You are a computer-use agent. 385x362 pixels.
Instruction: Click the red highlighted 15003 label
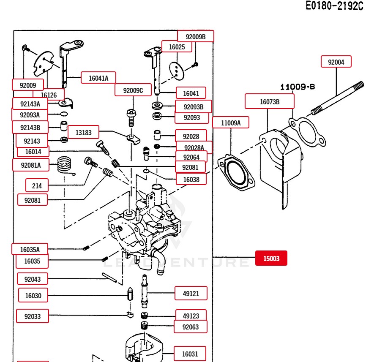click(x=271, y=258)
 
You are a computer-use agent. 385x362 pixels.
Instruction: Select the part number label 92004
click(x=336, y=62)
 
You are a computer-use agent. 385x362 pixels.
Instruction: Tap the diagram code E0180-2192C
click(x=334, y=6)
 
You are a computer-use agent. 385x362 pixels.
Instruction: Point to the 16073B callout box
click(x=269, y=102)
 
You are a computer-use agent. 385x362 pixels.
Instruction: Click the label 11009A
click(x=231, y=123)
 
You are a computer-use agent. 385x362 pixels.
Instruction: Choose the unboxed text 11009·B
click(x=298, y=87)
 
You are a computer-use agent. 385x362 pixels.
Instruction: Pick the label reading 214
click(x=37, y=185)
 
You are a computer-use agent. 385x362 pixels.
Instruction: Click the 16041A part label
click(x=98, y=78)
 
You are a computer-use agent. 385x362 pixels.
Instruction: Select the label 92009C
click(x=133, y=90)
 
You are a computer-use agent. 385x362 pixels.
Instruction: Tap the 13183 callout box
click(x=83, y=133)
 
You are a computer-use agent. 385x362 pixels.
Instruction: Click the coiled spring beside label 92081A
click(x=65, y=164)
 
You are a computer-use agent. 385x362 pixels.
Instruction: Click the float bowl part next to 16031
click(x=143, y=348)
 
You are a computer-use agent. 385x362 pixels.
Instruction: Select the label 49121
click(x=191, y=294)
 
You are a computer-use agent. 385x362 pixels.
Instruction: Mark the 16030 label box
click(x=33, y=296)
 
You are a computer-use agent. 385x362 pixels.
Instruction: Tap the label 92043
click(x=33, y=279)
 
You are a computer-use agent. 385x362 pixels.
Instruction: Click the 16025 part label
click(x=177, y=47)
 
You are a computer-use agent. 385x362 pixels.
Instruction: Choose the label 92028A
click(x=194, y=147)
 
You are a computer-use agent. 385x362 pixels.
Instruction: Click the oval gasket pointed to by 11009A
click(x=236, y=173)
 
